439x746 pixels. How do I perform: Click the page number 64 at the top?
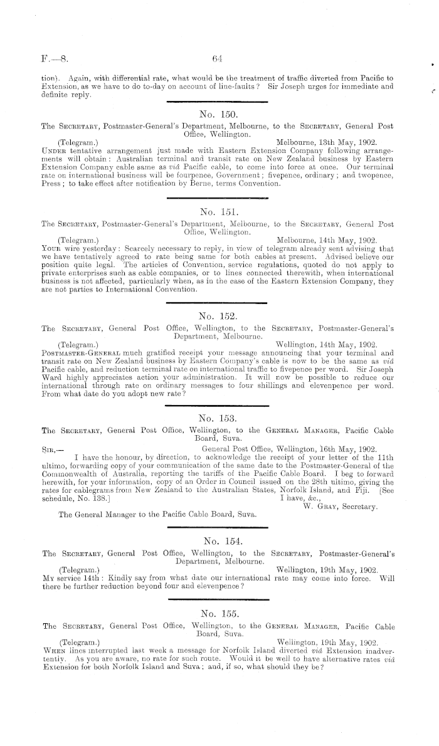click(x=218, y=61)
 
